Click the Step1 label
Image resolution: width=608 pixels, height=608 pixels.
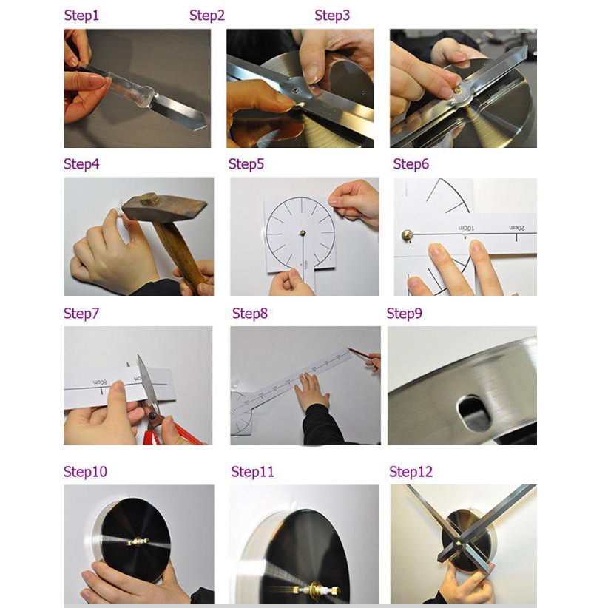click(81, 16)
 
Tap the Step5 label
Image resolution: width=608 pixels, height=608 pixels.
click(246, 164)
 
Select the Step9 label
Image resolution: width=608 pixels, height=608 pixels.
click(404, 314)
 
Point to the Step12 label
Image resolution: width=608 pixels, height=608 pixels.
click(411, 471)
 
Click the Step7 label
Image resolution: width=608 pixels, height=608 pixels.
click(81, 314)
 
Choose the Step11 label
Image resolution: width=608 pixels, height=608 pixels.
click(252, 471)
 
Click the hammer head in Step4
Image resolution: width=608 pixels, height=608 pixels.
click(165, 209)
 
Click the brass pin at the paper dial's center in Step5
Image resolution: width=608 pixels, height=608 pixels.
click(303, 233)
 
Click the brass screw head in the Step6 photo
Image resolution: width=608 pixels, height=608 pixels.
click(407, 234)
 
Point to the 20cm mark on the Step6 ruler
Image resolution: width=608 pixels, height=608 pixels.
click(517, 228)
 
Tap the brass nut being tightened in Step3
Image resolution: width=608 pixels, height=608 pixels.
click(458, 90)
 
